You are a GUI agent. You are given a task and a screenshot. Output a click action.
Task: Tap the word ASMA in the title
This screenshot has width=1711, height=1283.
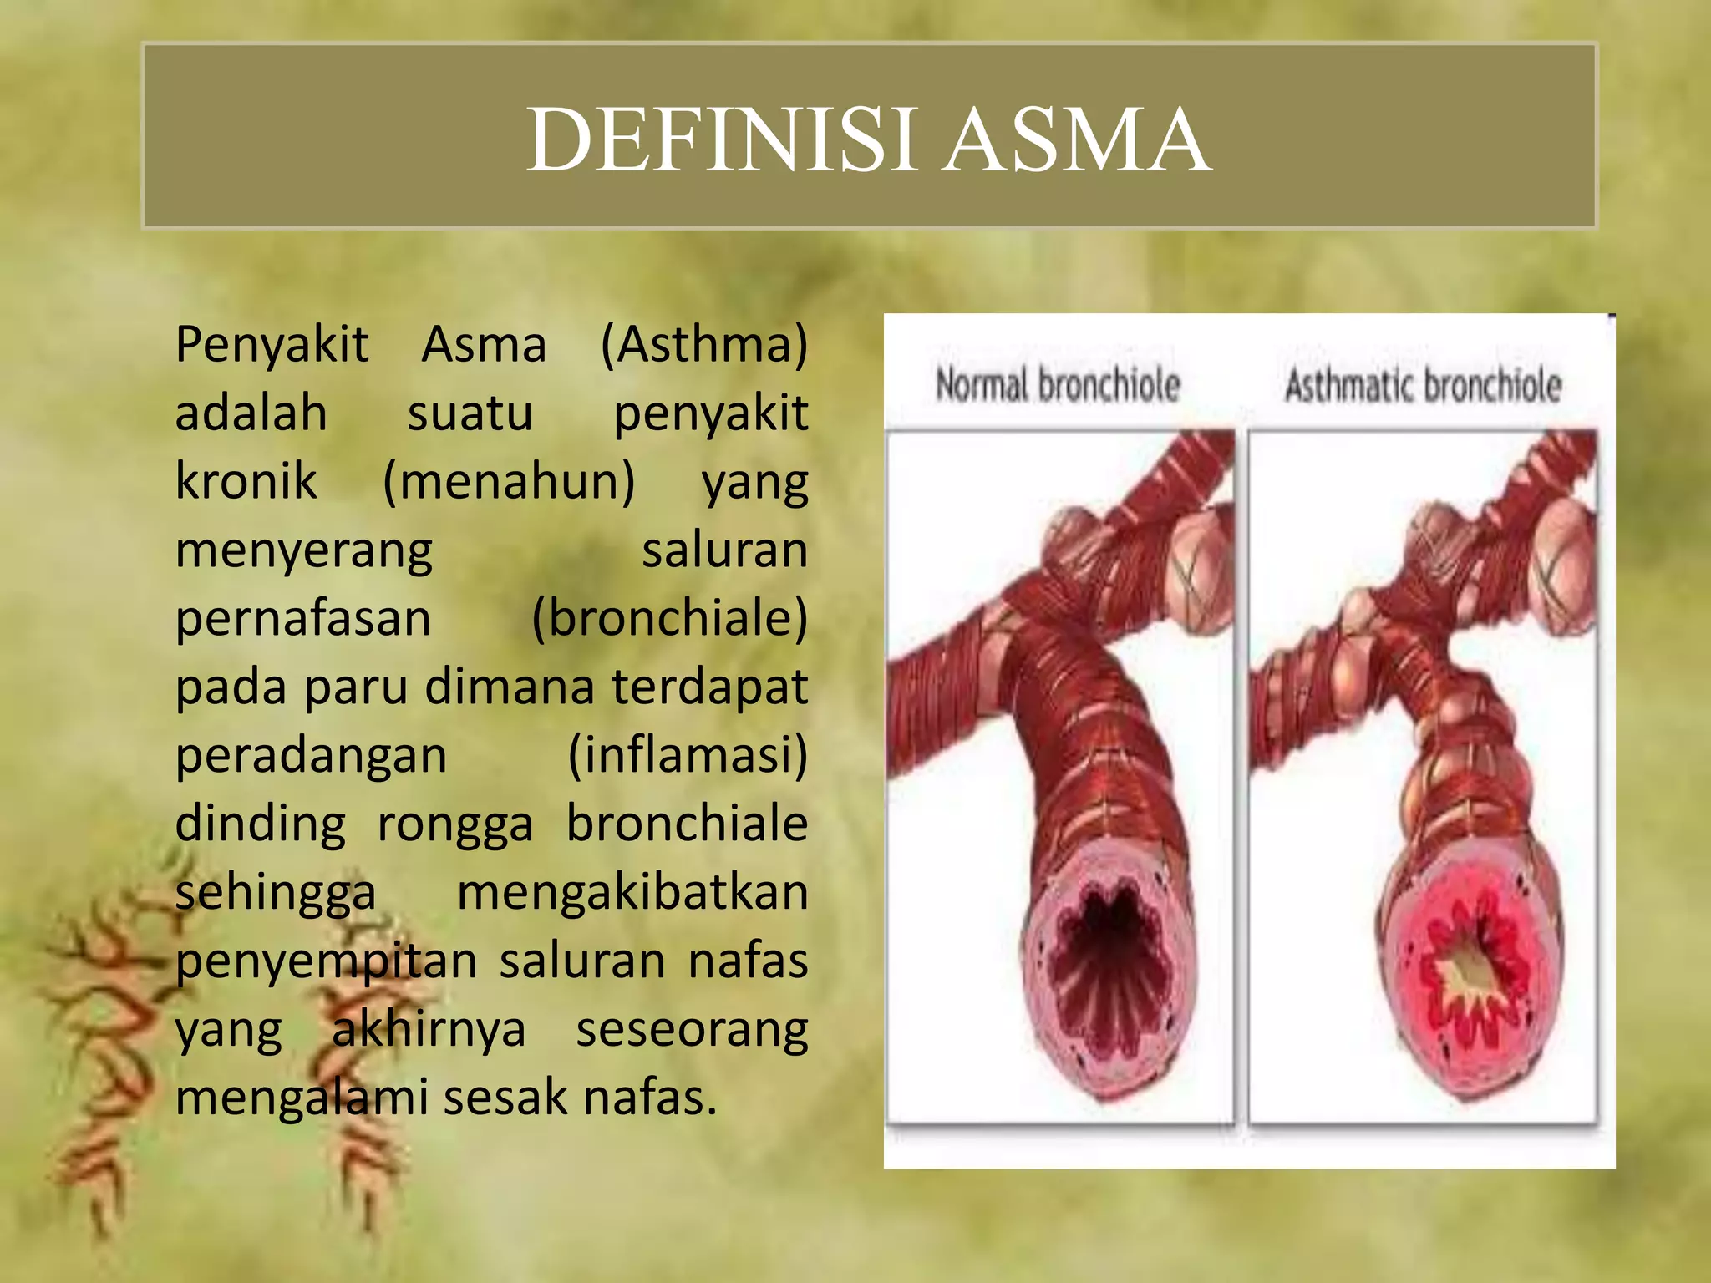click(1077, 139)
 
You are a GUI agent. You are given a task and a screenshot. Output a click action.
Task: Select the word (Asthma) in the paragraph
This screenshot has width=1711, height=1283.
click(703, 344)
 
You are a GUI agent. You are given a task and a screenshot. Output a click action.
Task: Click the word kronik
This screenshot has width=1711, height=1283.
click(246, 481)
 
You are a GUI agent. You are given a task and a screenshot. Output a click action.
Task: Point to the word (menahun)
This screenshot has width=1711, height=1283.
click(509, 482)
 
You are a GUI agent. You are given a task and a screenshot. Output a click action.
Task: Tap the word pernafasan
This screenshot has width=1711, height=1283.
click(303, 619)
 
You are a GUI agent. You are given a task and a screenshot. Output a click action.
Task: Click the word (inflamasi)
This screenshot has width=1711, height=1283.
click(688, 755)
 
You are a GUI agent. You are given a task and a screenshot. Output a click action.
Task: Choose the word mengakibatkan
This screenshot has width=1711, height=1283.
click(632, 892)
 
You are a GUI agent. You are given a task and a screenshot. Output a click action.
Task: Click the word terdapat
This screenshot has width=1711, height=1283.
click(709, 687)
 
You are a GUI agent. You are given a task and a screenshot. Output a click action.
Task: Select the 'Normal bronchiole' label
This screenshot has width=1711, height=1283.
click(1058, 385)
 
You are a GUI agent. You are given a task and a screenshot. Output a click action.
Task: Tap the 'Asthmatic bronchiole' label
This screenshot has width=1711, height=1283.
click(1423, 385)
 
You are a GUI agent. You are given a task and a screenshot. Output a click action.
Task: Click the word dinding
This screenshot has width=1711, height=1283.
click(260, 824)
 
